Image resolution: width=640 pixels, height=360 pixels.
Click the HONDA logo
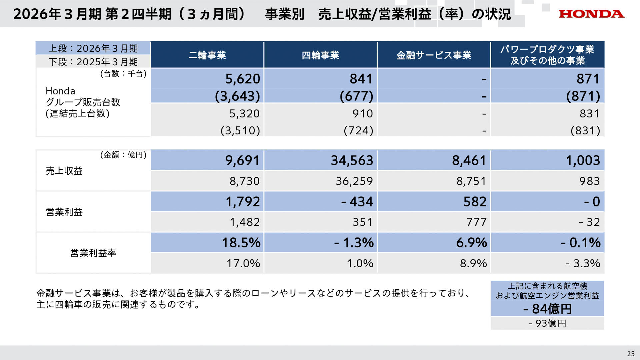[591, 14]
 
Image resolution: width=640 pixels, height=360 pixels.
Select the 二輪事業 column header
[207, 55]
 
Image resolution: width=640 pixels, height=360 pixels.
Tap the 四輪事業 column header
[320, 55]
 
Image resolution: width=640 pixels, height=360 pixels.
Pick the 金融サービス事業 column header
[434, 55]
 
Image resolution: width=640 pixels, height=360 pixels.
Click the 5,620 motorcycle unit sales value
[242, 79]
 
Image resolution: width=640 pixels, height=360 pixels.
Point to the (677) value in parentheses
[356, 96]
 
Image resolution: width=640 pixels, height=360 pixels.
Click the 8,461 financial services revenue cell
[469, 160]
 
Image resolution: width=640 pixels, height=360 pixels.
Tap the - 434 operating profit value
[357, 202]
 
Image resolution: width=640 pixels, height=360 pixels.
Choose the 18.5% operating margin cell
[241, 242]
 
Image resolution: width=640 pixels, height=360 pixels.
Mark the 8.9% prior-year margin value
[473, 263]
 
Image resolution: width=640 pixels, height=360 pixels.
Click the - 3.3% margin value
[583, 263]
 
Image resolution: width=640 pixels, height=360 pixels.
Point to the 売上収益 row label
[64, 171]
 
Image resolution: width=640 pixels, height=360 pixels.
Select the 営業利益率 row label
[93, 253]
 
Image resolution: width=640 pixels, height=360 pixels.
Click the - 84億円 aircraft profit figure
[547, 309]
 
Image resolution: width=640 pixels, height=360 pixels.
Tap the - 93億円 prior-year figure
[547, 323]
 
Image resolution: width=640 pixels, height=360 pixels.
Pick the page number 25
[631, 354]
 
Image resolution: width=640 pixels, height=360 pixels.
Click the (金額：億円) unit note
[123, 155]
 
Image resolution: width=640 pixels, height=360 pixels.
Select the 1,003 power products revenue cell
[583, 160]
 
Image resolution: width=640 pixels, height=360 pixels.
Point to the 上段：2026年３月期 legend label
[93, 48]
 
